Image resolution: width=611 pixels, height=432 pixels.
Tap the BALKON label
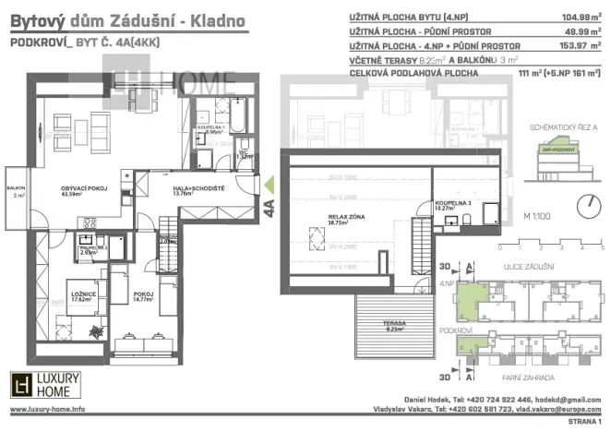tap(17, 189)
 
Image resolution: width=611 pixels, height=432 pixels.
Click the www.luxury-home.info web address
tap(48, 409)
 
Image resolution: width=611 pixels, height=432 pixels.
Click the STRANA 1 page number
tap(579, 423)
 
